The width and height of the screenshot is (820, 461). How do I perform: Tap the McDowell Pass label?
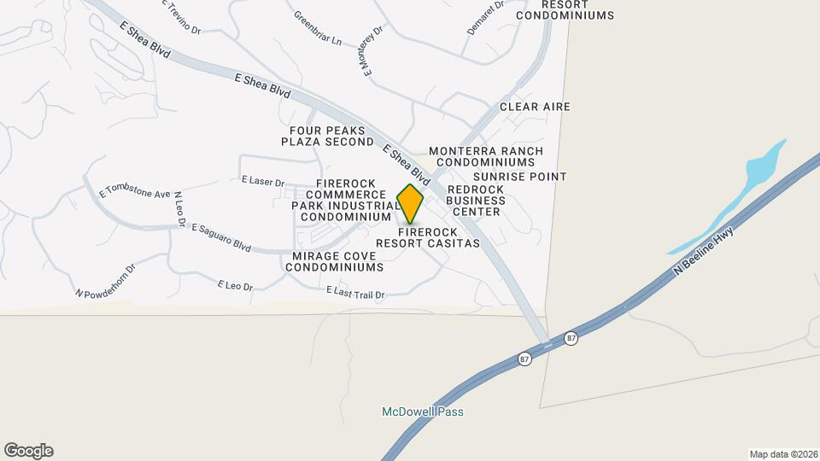tap(422, 412)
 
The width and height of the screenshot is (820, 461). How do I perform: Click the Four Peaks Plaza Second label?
tap(327, 136)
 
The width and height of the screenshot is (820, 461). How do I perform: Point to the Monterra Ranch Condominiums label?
tap(486, 157)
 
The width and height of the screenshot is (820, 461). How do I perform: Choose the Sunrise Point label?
tap(519, 177)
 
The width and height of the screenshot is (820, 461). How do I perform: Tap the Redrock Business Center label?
tap(476, 200)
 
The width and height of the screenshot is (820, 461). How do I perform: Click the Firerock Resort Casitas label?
tap(439, 237)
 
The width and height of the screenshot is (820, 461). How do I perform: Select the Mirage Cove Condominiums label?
tap(334, 261)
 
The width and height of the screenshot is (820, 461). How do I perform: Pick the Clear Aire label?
tap(535, 107)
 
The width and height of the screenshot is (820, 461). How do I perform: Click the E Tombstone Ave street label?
tap(135, 189)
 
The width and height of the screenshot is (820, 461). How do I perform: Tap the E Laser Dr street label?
tap(263, 181)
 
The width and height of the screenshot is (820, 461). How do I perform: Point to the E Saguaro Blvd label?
tap(221, 239)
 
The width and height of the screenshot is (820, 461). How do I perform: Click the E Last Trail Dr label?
tap(356, 293)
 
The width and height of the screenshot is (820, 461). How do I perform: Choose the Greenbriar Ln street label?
tap(317, 28)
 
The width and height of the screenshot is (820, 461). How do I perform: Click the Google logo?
tap(28, 451)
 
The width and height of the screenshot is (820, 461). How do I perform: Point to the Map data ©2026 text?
tap(782, 454)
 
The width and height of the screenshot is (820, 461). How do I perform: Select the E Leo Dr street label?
tap(236, 285)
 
